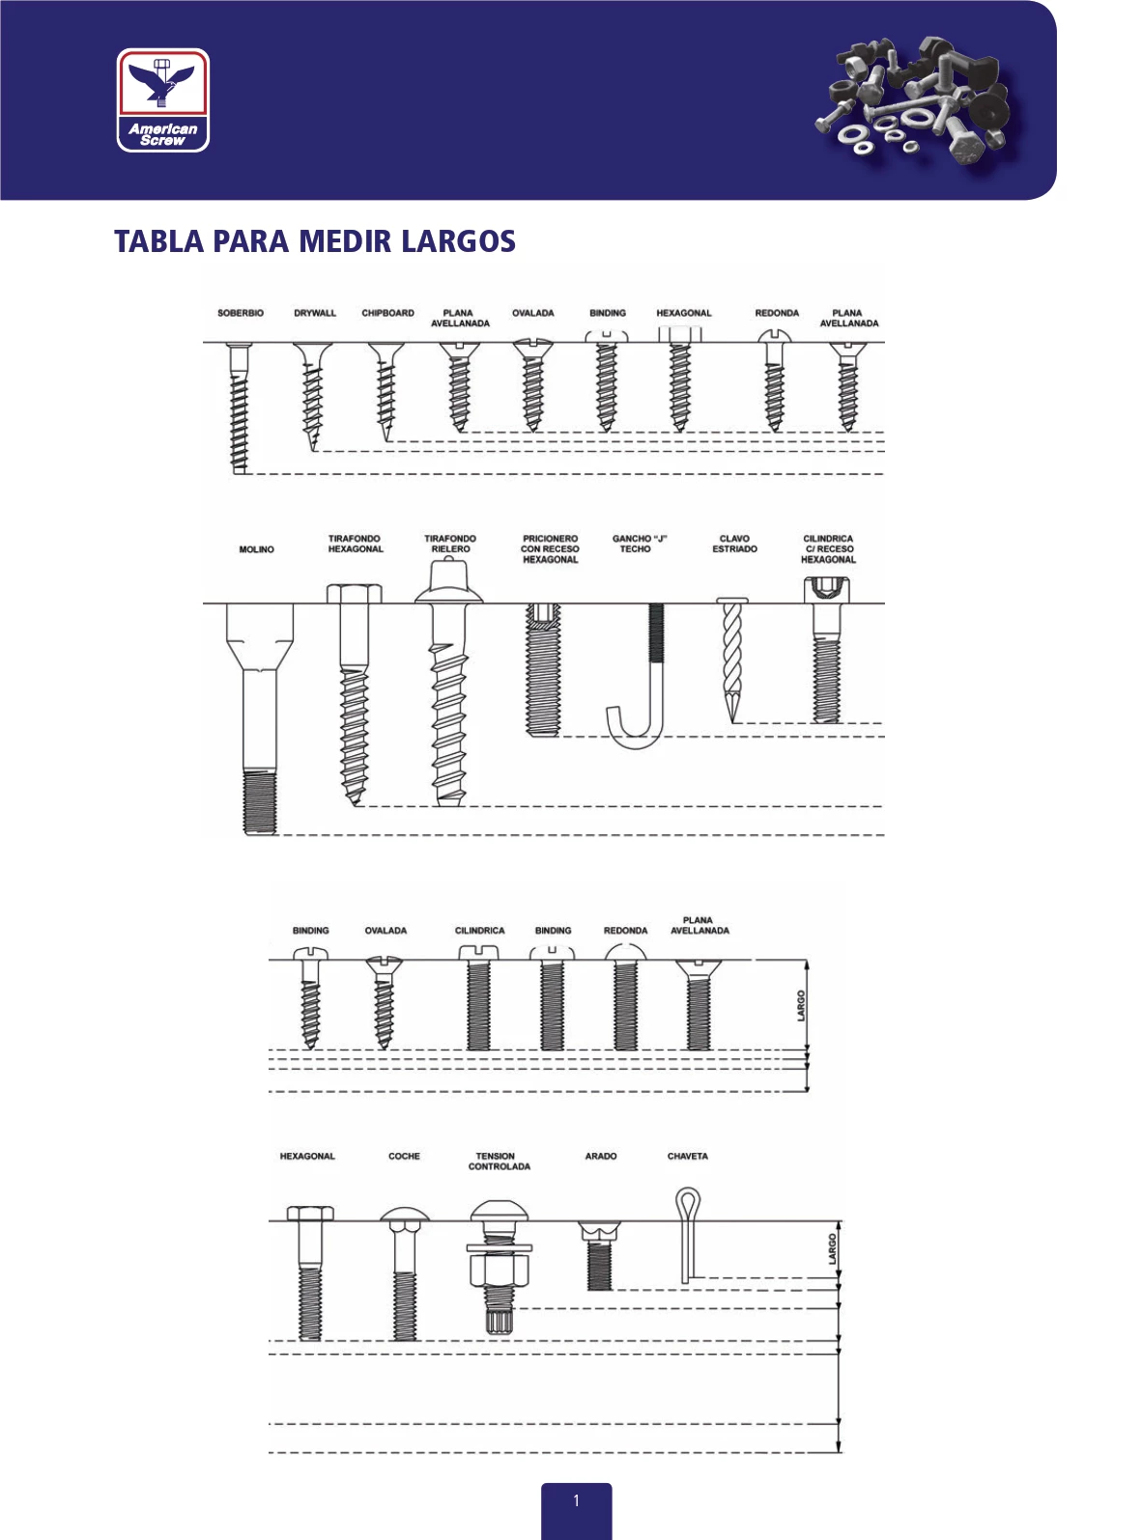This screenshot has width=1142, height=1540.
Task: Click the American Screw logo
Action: [162, 100]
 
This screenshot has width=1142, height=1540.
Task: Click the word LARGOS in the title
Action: [458, 241]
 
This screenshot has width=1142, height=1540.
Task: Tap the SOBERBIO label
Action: [241, 313]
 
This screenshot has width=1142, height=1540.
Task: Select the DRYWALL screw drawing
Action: [312, 397]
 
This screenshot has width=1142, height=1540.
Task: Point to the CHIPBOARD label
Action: [387, 313]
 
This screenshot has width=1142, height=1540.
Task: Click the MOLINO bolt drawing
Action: [260, 718]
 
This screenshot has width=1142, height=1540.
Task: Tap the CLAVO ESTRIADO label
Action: [734, 544]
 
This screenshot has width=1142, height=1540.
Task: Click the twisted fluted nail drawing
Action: [732, 659]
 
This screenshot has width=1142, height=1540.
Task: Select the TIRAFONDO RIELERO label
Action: [450, 544]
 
